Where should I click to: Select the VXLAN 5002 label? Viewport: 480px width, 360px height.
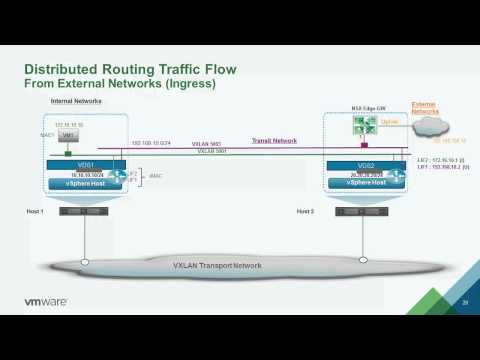click(x=207, y=144)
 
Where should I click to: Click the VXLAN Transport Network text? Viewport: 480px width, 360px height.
click(x=219, y=265)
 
